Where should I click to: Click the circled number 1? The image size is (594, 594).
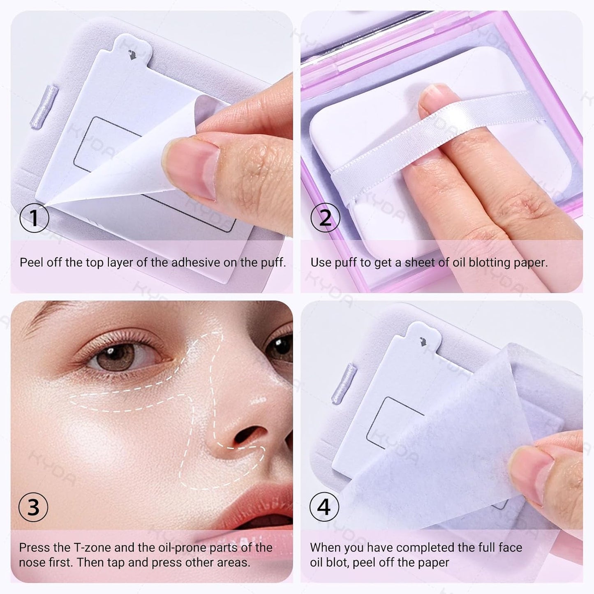tap(34, 218)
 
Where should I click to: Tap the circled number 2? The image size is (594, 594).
tap(325, 218)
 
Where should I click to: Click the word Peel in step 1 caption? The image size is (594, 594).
tap(31, 262)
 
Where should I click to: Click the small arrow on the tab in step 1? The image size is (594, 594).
tap(132, 54)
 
